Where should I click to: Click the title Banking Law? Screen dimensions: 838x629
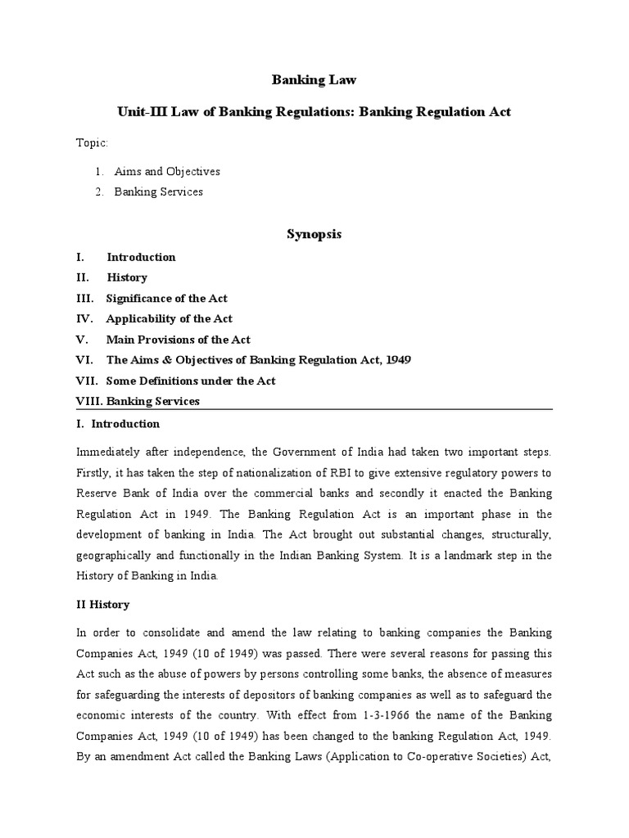coord(314,79)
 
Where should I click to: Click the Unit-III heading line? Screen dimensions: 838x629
coord(314,111)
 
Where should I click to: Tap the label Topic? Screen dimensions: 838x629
coord(92,143)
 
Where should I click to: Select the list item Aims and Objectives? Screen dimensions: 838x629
coord(167,172)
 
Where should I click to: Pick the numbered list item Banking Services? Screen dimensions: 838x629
coord(158,192)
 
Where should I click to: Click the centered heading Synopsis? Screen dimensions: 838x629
coord(314,234)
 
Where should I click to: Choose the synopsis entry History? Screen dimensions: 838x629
coord(127,277)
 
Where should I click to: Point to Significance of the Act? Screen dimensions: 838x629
coord(166,298)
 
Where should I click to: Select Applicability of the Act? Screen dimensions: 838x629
coord(169,318)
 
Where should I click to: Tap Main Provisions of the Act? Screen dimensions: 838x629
coord(178,340)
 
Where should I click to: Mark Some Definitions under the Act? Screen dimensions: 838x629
coord(190,381)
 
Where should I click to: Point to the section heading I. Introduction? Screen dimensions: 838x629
coord(118,424)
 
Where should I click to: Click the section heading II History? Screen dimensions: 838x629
coord(102,605)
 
